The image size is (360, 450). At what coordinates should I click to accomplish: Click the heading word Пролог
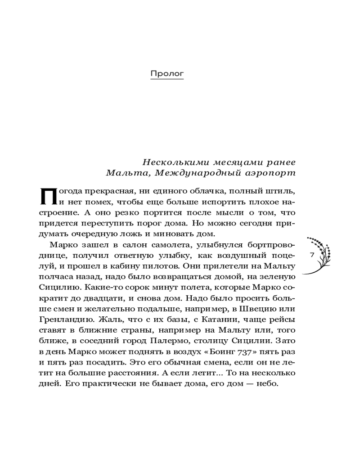click(x=167, y=73)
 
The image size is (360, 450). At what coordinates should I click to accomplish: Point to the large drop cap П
click(x=47, y=196)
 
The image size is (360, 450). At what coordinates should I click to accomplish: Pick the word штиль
click(x=282, y=191)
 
